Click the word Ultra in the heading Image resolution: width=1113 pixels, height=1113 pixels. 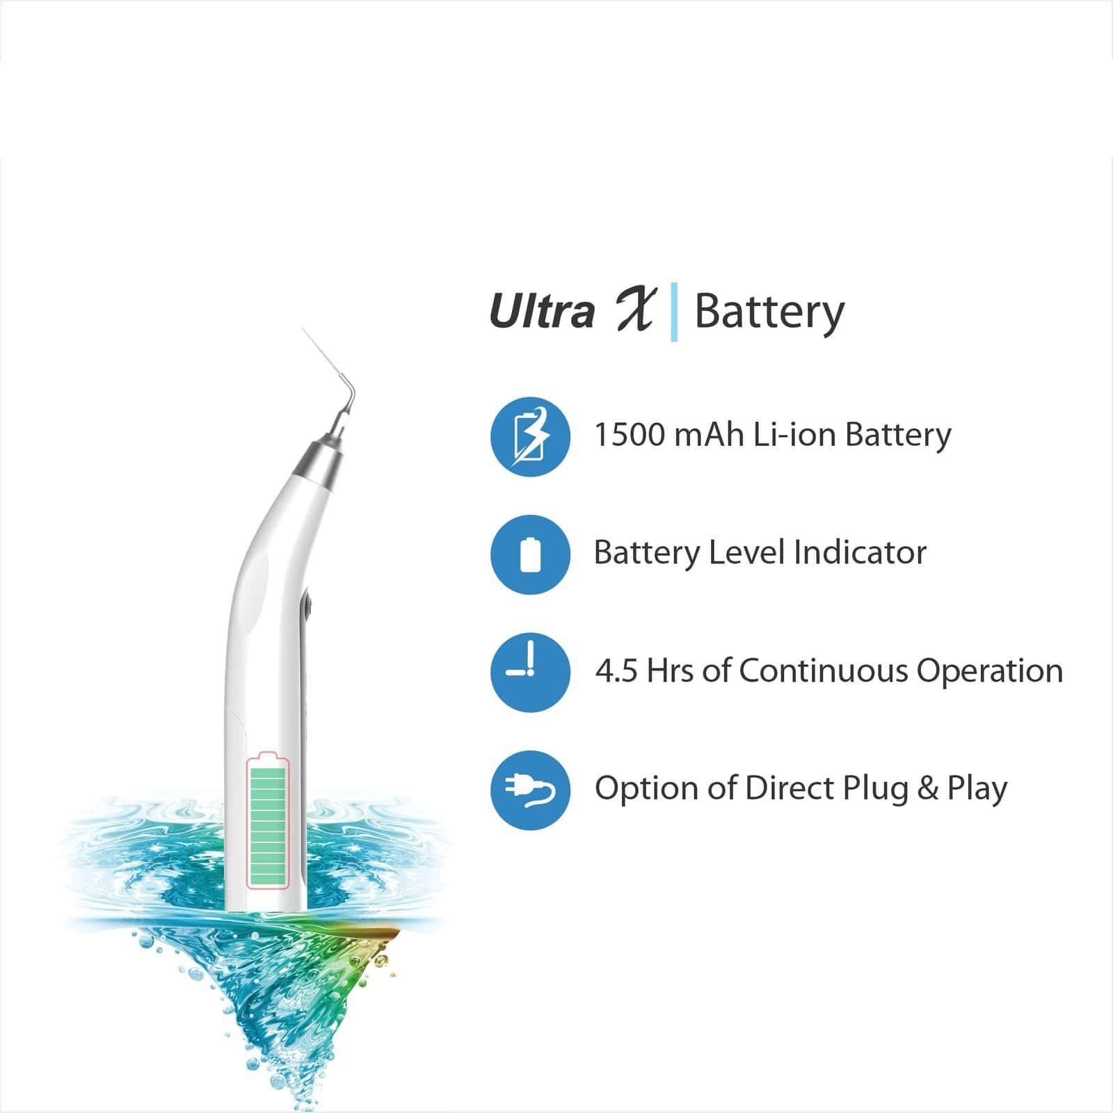tap(542, 311)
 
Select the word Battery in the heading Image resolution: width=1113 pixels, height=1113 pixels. tap(769, 312)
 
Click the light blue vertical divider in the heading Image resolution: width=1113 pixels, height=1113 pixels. tap(674, 312)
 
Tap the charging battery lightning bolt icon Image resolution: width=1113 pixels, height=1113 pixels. tap(530, 437)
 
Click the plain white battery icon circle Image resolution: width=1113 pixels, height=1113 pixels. tap(530, 554)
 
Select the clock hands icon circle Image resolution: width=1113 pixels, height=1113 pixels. tap(530, 672)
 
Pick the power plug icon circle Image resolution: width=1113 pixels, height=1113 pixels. tap(530, 790)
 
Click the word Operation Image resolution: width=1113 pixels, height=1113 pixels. tap(989, 671)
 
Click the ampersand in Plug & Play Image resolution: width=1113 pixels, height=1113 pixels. tap(927, 789)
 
